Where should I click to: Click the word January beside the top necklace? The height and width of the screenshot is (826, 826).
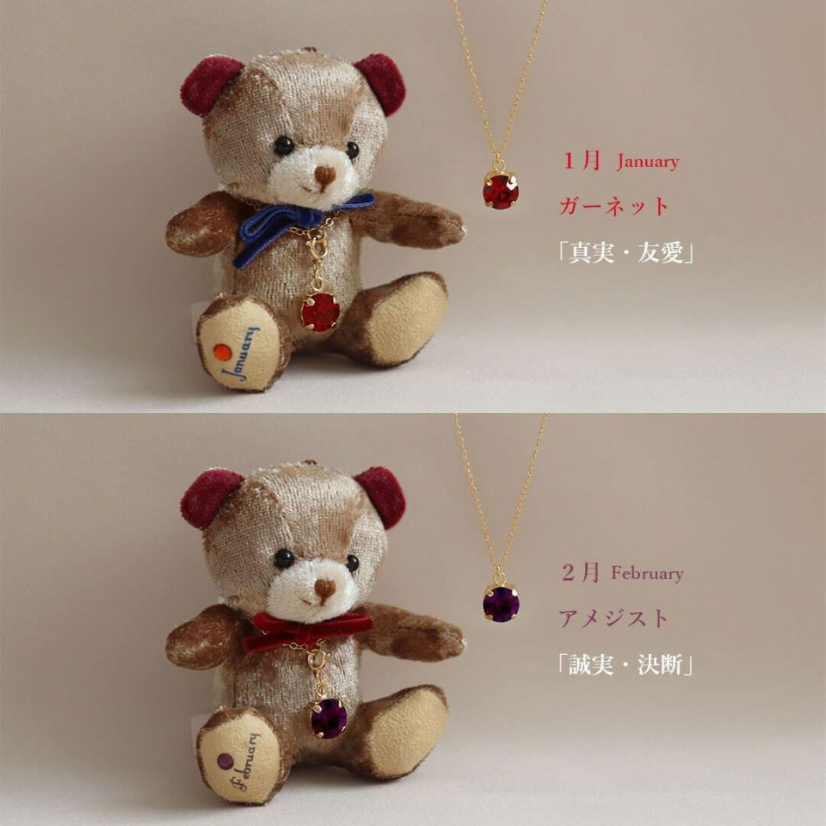[648, 162]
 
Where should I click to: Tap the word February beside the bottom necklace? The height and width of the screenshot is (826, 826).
[647, 573]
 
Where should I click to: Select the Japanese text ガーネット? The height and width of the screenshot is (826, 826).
[613, 206]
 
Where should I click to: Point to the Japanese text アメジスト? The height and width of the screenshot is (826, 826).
[613, 618]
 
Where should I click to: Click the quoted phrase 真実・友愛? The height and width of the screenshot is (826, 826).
[626, 253]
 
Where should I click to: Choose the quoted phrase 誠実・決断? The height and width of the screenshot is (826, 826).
[626, 665]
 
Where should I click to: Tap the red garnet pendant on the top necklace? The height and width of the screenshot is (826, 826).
[501, 191]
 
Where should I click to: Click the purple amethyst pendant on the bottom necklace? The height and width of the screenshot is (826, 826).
[501, 603]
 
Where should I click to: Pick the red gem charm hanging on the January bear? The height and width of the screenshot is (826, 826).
[320, 311]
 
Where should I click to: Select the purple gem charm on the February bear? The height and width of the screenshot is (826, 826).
[329, 718]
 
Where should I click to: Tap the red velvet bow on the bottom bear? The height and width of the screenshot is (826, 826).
[306, 631]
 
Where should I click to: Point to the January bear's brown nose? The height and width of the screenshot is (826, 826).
[325, 176]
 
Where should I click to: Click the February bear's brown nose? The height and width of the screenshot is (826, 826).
[325, 588]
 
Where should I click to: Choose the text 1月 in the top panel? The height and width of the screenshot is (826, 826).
[582, 160]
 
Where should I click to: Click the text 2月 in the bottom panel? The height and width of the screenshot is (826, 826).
[581, 572]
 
